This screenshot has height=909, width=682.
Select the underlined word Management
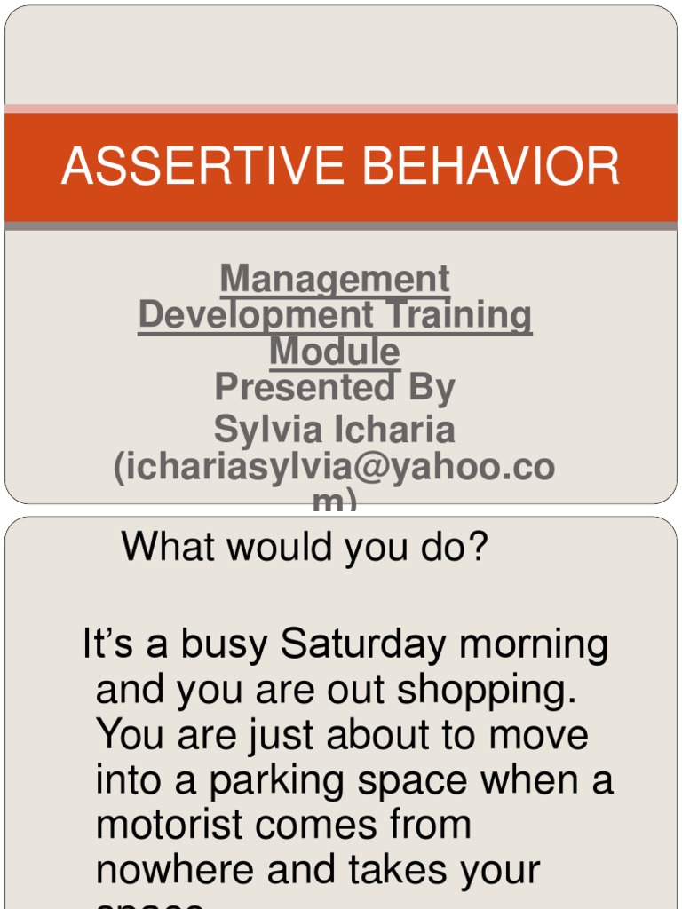(335, 279)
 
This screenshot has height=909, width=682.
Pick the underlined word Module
(335, 351)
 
